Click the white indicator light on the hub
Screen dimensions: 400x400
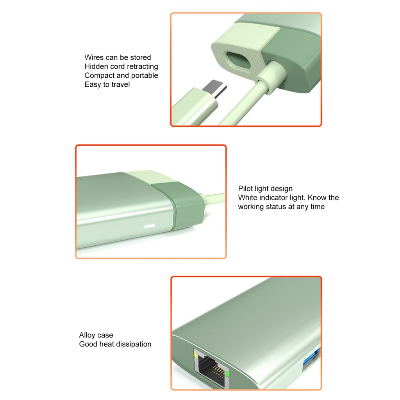click(150, 226)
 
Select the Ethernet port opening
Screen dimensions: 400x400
click(211, 369)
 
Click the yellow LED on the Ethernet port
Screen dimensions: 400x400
click(195, 355)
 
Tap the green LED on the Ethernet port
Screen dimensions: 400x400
click(227, 376)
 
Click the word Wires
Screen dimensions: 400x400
click(94, 57)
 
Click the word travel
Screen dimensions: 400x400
click(121, 84)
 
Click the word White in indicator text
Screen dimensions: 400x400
click(248, 198)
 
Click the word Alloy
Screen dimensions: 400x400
click(88, 335)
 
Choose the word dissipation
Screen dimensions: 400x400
click(132, 344)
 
